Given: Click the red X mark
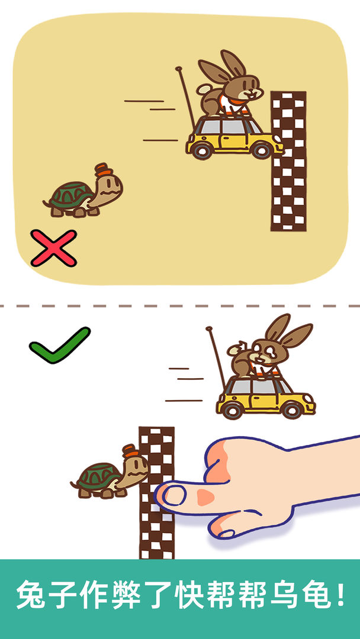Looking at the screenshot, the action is [x=53, y=248].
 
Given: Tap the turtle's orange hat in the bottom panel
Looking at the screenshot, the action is [x=129, y=451].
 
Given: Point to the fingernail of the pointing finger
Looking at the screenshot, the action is [x=173, y=495].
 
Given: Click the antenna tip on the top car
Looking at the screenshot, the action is [x=178, y=69].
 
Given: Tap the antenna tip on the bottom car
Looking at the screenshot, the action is [x=209, y=328].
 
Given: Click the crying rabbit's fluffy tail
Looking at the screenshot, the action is [x=235, y=349].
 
